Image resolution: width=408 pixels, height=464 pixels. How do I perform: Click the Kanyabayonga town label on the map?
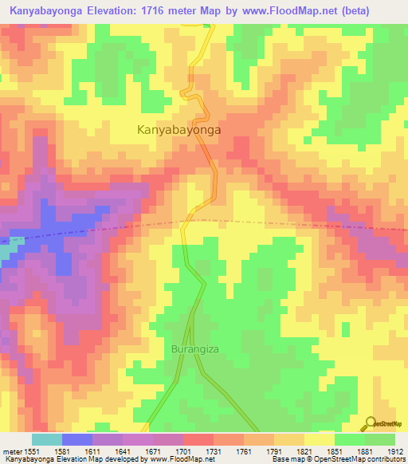pyautogui.click(x=178, y=128)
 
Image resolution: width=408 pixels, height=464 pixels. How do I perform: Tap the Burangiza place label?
pyautogui.click(x=194, y=349)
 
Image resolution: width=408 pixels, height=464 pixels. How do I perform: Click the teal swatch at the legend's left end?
pyautogui.click(x=47, y=439)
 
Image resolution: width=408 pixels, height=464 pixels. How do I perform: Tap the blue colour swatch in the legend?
pyautogui.click(x=77, y=439)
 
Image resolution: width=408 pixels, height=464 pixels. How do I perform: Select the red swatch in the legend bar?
pyautogui.click(x=198, y=439)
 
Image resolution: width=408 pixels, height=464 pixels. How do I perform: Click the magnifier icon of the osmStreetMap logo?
pyautogui.click(x=369, y=423)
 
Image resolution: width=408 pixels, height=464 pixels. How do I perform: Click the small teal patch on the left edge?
pyautogui.click(x=7, y=253)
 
